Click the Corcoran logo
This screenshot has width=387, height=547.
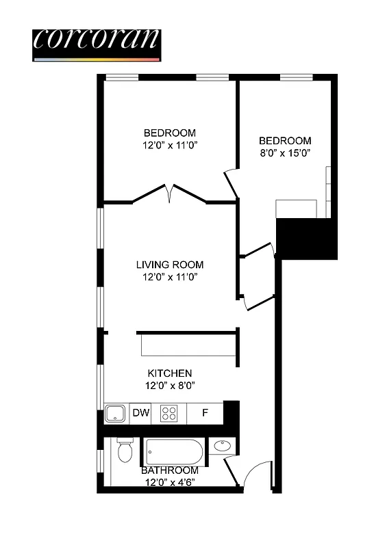coord(96,43)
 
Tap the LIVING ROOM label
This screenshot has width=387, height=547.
coord(170,265)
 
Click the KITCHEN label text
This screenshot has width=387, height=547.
coord(170,373)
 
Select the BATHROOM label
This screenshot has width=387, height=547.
coord(170,470)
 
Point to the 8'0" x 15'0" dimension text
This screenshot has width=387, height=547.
coord(286,153)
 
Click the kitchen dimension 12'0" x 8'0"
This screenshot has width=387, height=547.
coord(170,385)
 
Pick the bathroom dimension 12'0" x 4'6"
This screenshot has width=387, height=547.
coord(170,482)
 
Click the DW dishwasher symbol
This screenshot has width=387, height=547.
coord(140,412)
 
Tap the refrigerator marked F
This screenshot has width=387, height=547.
coord(205,412)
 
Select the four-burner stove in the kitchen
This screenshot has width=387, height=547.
coord(169,413)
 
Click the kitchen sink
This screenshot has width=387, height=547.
coord(114,413)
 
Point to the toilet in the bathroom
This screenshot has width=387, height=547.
coord(124,451)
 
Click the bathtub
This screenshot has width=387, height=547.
coord(174,452)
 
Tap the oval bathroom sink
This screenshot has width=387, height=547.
coord(221,446)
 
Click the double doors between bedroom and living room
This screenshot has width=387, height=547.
coord(169,193)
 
